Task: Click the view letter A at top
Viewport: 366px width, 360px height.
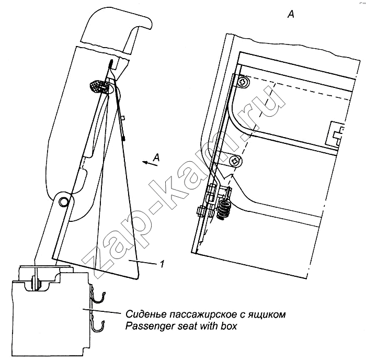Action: click(291, 15)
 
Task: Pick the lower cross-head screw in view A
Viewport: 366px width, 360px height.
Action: click(236, 161)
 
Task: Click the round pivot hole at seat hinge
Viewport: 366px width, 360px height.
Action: click(63, 201)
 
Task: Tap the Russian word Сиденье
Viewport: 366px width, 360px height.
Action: click(144, 315)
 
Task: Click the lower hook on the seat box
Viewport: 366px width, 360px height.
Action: click(99, 326)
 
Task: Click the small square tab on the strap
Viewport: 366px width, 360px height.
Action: click(121, 118)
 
